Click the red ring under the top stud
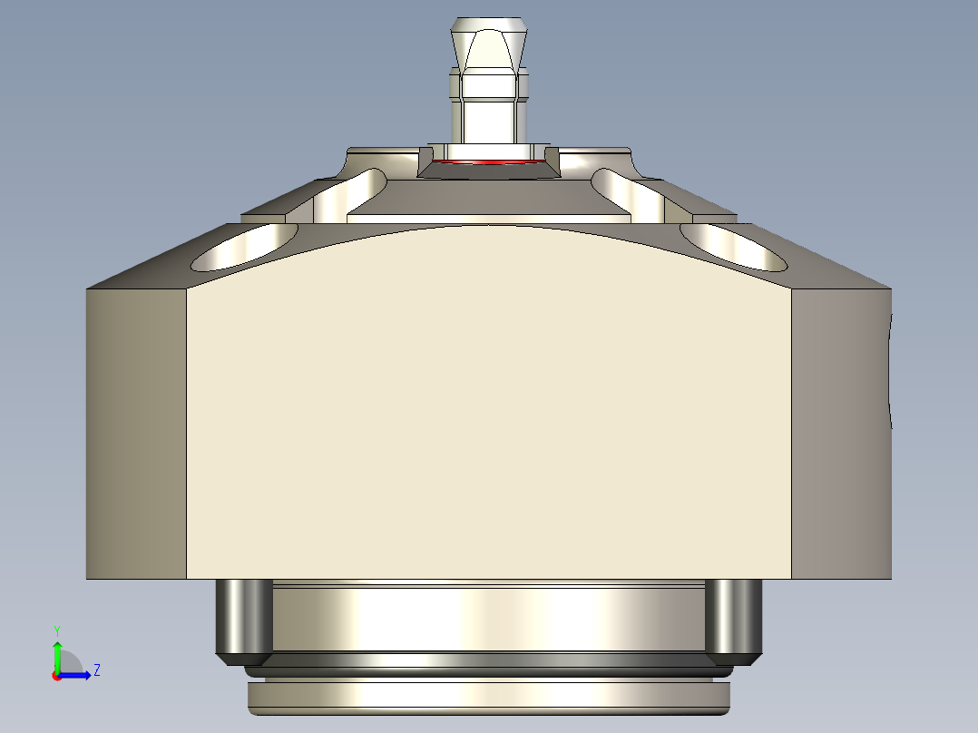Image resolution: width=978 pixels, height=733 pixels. (489, 163)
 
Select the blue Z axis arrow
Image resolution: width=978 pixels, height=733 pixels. (78, 674)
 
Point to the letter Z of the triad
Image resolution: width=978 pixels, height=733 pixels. (96, 670)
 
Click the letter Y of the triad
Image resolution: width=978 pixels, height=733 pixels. (57, 630)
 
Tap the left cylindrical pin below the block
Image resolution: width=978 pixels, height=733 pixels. (242, 617)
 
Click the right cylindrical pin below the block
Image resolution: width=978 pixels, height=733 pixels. (733, 617)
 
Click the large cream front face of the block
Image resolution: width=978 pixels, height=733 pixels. (489, 408)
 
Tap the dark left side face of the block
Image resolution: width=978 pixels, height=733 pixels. (136, 435)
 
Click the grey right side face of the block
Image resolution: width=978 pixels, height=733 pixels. (839, 435)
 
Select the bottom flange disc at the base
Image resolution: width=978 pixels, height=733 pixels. (489, 696)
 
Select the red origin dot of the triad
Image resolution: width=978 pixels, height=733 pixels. (56, 675)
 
